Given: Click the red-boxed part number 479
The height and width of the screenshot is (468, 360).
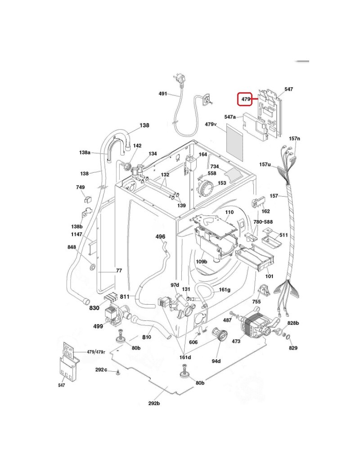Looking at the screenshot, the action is coord(246,99).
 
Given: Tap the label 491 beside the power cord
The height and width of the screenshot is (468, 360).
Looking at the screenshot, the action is coord(163,94).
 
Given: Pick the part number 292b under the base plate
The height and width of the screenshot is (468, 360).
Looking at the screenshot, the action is coord(154,404).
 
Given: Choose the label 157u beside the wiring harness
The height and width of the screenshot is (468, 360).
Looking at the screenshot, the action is coord(265,164).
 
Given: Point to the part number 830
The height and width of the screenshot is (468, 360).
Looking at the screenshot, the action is coord(94,308).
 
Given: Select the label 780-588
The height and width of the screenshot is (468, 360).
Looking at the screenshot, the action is coord(263,222).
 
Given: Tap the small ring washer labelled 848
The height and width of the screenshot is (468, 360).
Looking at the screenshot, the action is coord(93,266).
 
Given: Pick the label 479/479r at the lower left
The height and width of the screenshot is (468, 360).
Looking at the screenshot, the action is coord(96,352).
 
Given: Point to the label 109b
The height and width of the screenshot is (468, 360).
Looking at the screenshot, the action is coord(202,262).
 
